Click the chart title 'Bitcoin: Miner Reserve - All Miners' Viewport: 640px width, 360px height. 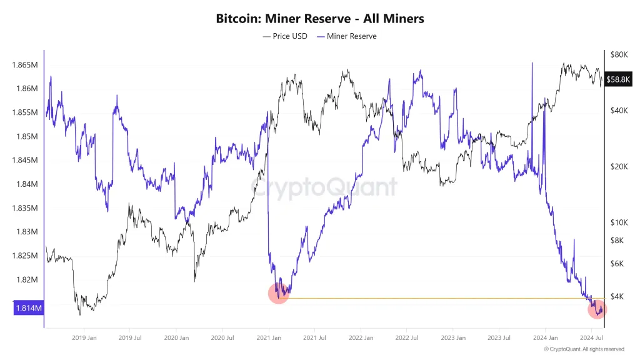[319, 19]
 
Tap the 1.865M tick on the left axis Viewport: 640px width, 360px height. [25, 65]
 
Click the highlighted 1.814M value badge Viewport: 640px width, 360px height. [29, 308]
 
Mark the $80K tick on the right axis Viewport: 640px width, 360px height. [619, 54]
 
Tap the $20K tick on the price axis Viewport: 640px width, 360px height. [619, 166]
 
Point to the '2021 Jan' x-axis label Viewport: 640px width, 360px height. [267, 338]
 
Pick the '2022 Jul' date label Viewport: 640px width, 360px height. [406, 338]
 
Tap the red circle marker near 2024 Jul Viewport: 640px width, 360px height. [597, 309]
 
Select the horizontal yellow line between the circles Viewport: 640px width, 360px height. [437, 298]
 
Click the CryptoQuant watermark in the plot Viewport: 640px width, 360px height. [324, 187]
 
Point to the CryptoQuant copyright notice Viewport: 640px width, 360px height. [584, 349]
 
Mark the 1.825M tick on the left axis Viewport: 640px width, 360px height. [25, 256]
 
